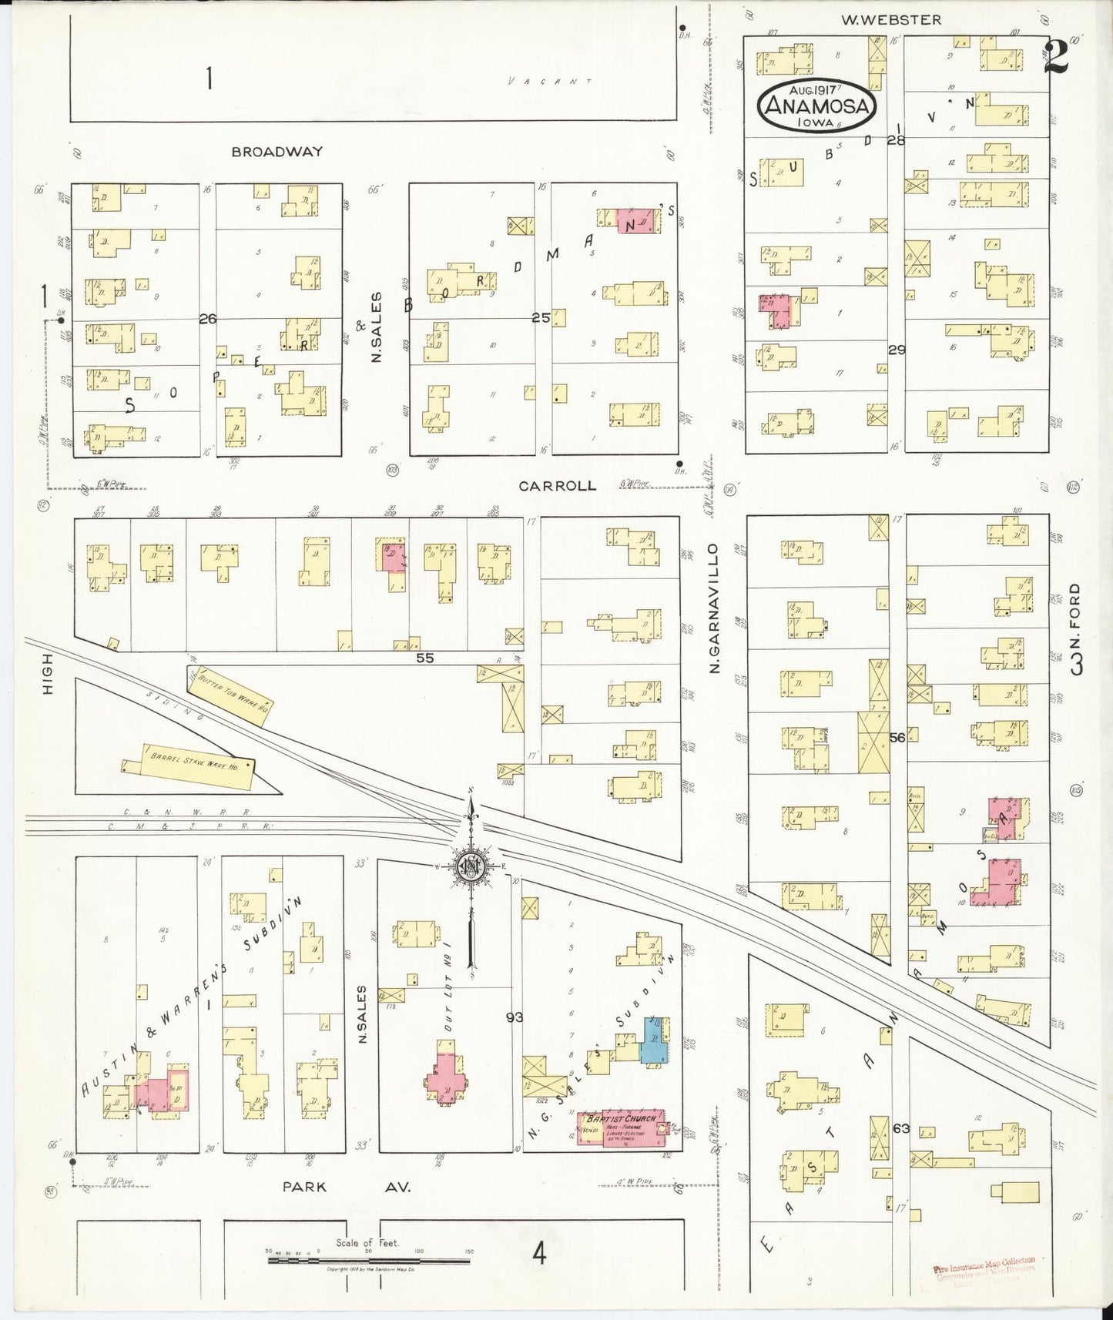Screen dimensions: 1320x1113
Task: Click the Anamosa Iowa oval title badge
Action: coord(818,106)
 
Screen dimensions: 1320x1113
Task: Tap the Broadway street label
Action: coord(277,152)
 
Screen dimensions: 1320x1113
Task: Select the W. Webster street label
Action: coord(890,20)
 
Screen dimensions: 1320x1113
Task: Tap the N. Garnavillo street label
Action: coord(714,607)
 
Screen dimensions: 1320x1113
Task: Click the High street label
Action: coord(48,674)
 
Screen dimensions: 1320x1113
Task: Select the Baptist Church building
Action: coord(620,1129)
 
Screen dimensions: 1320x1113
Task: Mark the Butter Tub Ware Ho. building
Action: coord(228,694)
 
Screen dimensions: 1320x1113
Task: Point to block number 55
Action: coord(424,658)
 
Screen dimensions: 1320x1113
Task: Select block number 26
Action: coord(207,318)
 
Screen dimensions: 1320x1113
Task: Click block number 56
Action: coord(897,738)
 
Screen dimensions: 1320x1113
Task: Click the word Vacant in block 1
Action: coord(551,81)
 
